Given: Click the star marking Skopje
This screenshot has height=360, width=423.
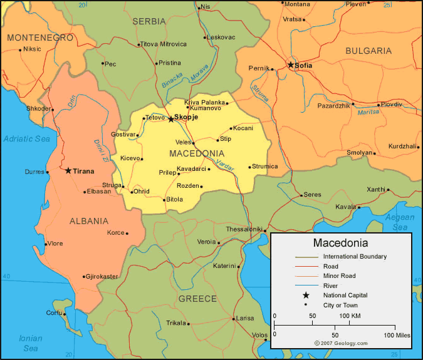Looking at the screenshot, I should point(170,118).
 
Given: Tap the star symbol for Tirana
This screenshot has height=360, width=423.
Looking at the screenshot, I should point(68,170).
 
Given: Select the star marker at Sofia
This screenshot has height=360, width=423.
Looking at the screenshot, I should point(291,64).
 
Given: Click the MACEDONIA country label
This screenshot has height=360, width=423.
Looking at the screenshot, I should point(197,153).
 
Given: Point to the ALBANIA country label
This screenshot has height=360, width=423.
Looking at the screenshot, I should point(88,221).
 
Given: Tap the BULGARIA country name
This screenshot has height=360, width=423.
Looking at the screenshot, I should point(368,51).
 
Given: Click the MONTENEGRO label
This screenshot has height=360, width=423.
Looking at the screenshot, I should point(40,38).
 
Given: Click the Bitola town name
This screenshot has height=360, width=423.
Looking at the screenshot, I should point(175,200).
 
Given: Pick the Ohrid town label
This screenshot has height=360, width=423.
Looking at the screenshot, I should point(142,192).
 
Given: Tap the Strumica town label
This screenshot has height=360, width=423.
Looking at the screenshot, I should point(265,167).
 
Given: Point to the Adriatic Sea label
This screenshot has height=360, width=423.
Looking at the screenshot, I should point(26,138).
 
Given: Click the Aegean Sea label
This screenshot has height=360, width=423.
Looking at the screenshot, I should point(399,222).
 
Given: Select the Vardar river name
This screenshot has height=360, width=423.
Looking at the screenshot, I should point(224,164).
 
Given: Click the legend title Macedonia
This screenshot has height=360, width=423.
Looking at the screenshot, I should point(340,243).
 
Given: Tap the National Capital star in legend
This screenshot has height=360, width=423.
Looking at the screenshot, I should point(306,295).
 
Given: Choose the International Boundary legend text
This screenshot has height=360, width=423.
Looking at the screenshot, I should point(355,257).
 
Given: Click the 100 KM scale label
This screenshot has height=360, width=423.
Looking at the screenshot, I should point(350,316).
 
